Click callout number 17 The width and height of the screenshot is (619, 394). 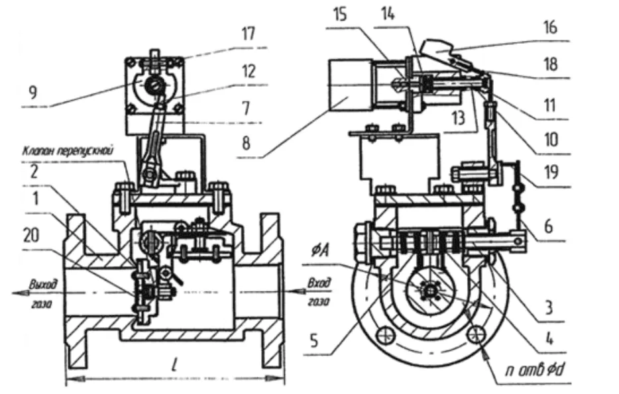[x=249, y=34]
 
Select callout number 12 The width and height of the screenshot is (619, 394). [x=249, y=72]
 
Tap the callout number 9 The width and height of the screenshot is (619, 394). [x=33, y=93]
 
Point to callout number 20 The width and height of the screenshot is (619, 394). [x=31, y=236]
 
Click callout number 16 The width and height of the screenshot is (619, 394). [x=550, y=28]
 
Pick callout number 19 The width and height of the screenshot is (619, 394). [x=551, y=172]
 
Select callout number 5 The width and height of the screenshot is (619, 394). [x=314, y=341]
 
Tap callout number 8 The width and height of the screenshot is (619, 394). [x=246, y=144]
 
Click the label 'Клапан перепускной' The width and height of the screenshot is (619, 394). [x=68, y=151]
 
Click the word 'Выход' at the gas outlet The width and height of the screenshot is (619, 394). [x=43, y=284]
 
